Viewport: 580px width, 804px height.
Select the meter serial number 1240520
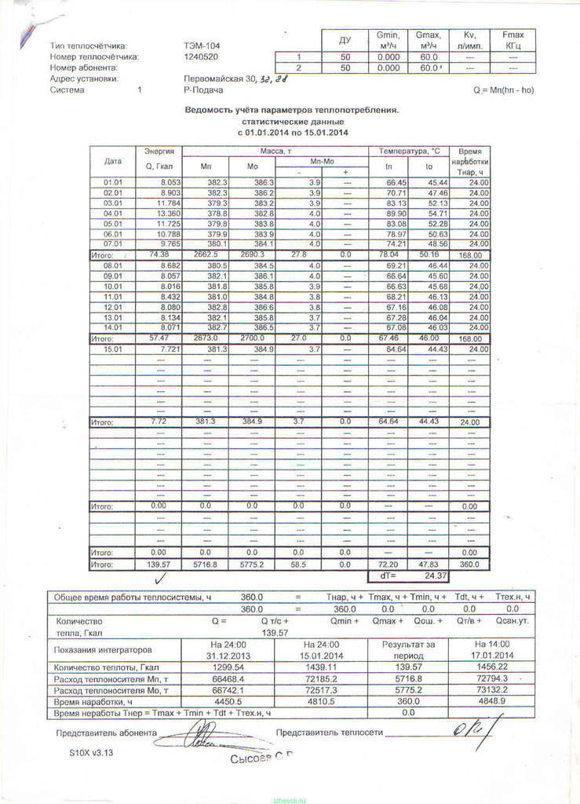(201, 57)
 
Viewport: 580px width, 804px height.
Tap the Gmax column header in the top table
(429, 39)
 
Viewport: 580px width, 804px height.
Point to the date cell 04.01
(113, 214)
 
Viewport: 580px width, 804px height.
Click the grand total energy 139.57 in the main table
(159, 565)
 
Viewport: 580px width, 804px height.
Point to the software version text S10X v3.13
(91, 752)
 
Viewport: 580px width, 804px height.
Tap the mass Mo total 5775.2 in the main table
(252, 565)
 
